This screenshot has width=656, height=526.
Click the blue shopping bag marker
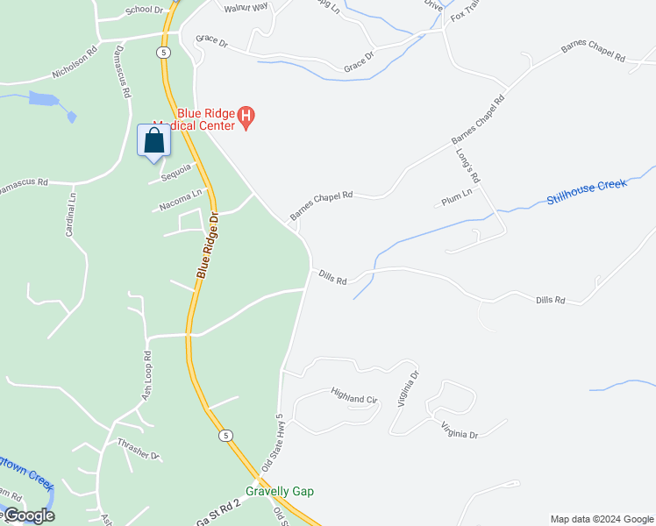pyautogui.click(x=153, y=141)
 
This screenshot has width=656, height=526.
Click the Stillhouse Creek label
pyautogui.click(x=587, y=192)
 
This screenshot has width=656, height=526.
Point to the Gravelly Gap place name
pyautogui.click(x=279, y=492)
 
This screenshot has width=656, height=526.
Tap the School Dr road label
pyautogui.click(x=145, y=11)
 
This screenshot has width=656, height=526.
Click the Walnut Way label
pyautogui.click(x=246, y=7)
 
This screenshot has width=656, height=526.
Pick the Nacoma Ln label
pyautogui.click(x=181, y=201)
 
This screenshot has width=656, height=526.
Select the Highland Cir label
pyautogui.click(x=353, y=396)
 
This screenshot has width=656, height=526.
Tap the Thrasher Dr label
pyautogui.click(x=139, y=449)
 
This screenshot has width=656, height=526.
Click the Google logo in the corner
pyautogui.click(x=28, y=515)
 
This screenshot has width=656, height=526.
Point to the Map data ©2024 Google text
pyautogui.click(x=602, y=519)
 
